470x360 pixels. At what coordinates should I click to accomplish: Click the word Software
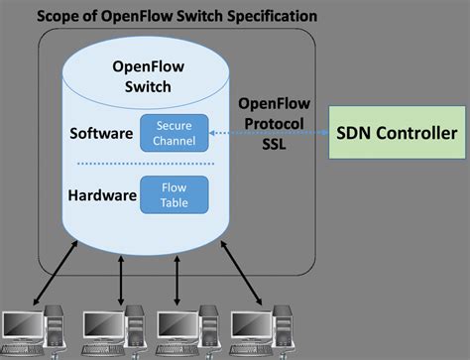click(100, 133)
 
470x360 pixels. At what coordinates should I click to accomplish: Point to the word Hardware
click(101, 195)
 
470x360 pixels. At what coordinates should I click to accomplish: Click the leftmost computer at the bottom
click(31, 331)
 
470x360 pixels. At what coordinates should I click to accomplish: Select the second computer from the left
click(108, 331)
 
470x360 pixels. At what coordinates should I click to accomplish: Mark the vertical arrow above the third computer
click(176, 283)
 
